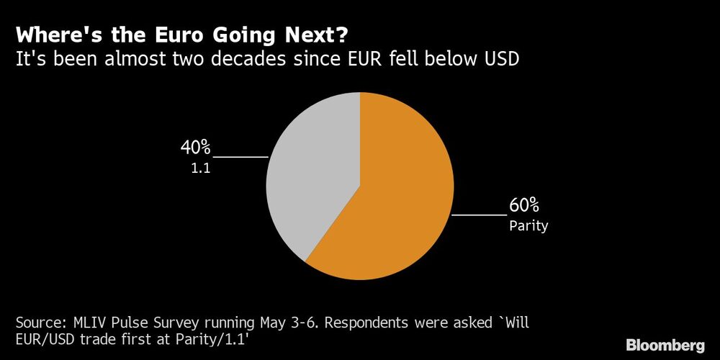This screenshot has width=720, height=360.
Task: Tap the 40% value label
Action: point(195,148)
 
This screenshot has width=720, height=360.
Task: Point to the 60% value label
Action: point(524,205)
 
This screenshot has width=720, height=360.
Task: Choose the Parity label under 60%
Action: point(528,226)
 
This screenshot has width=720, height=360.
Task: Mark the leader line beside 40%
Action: point(240,156)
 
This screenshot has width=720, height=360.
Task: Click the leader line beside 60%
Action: point(479,215)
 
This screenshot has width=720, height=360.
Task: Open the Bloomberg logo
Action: point(665,345)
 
